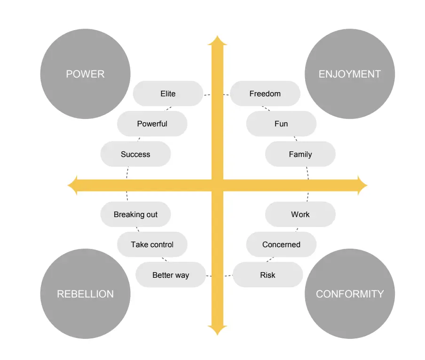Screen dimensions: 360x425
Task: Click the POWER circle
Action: pyautogui.click(x=85, y=74)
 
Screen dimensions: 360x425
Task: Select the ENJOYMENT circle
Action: pyautogui.click(x=349, y=74)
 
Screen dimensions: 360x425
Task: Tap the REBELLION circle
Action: pyautogui.click(x=85, y=294)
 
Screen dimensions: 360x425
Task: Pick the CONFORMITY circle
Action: pyautogui.click(x=349, y=294)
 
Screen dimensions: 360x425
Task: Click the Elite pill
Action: pyautogui.click(x=168, y=94)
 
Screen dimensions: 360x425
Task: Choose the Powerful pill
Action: pyautogui.click(x=152, y=124)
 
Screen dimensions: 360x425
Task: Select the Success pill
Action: pyautogui.click(x=135, y=154)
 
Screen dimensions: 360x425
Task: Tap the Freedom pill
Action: pyautogui.click(x=265, y=94)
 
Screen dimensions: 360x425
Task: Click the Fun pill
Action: pyautogui.click(x=281, y=124)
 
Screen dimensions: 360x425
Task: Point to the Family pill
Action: pyautogui.click(x=300, y=154)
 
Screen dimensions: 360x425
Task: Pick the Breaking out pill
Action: pyautogui.click(x=135, y=214)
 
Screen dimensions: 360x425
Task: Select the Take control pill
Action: pyautogui.click(x=152, y=244)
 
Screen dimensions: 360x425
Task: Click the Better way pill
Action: pyautogui.click(x=170, y=275)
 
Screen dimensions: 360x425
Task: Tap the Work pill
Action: pyautogui.click(x=300, y=214)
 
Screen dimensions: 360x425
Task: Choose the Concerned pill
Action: pyautogui.click(x=281, y=244)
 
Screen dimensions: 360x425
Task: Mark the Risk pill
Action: pyautogui.click(x=268, y=275)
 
